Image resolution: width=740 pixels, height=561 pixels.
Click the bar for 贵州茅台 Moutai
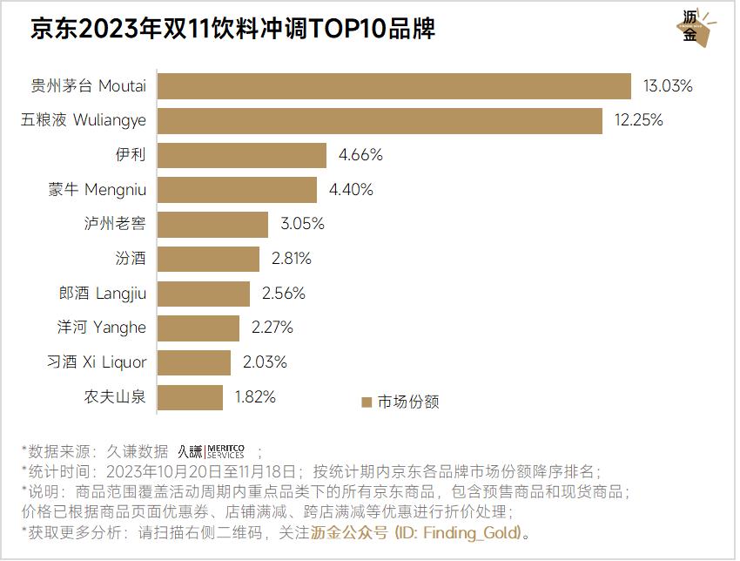point(394,86)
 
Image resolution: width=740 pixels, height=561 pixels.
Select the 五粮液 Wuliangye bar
point(380,120)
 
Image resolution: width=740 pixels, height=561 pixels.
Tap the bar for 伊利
point(241,155)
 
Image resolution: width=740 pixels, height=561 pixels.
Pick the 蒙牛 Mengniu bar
point(237,190)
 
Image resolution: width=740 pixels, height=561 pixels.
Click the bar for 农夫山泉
point(190,397)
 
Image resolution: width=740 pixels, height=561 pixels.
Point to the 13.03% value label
point(668,86)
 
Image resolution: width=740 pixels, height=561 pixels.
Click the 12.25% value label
point(639,120)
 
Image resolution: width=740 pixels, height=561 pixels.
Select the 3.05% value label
point(302,224)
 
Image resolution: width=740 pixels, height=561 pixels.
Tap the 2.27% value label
point(272,328)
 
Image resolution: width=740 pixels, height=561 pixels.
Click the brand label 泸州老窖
point(115,224)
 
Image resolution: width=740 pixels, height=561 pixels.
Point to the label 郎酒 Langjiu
point(103,294)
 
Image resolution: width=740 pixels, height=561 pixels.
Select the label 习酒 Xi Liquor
point(97,362)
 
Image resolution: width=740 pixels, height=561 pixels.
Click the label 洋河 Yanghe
point(107,328)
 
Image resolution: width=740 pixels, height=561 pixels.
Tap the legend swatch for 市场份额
point(367,402)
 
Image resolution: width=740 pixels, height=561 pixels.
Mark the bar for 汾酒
point(208,259)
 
